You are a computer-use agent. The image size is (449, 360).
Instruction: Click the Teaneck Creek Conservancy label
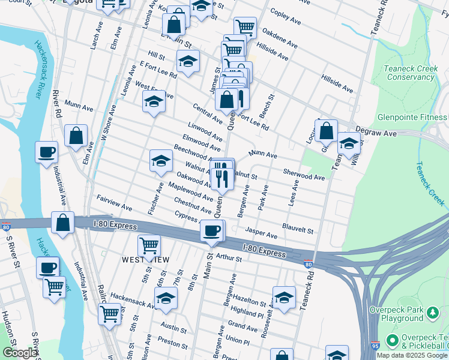point(411,73)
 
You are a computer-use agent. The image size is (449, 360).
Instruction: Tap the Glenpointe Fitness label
point(413,117)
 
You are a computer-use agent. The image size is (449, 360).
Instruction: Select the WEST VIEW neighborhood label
point(145,259)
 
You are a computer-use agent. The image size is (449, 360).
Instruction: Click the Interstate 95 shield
point(375,346)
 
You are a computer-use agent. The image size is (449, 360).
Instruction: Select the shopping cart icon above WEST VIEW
point(149,245)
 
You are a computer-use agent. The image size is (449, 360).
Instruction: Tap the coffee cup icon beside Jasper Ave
point(211,230)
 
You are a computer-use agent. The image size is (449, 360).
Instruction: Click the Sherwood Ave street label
point(304,177)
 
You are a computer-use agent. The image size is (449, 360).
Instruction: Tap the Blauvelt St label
point(298,230)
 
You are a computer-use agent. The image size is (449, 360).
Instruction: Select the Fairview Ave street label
point(114,202)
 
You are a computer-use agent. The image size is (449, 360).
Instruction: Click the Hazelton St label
point(250,302)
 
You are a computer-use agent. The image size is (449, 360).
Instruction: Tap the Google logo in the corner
point(20,353)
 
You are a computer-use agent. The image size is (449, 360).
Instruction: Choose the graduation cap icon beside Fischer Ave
point(161,160)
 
